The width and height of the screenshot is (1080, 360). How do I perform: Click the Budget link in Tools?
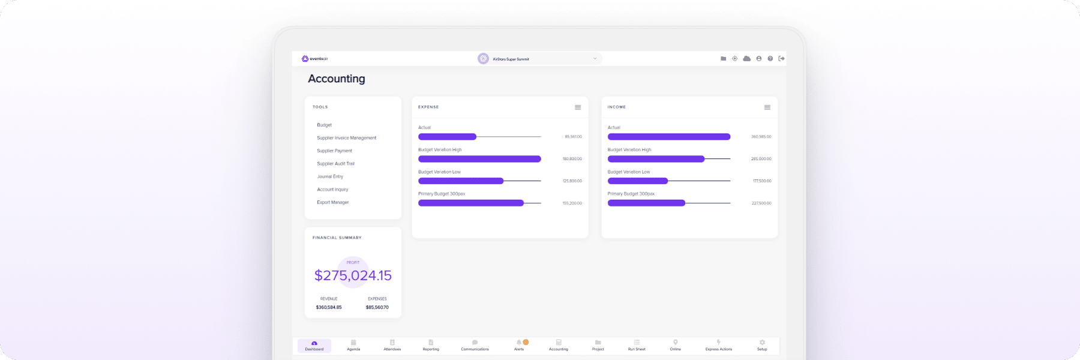(325, 125)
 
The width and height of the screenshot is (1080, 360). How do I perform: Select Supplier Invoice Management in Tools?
(347, 138)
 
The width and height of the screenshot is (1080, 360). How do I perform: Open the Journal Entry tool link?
(330, 176)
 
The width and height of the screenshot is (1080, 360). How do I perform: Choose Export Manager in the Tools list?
(333, 202)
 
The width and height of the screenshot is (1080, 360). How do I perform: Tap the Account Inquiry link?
(332, 190)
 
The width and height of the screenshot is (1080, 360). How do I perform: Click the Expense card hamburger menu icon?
(578, 107)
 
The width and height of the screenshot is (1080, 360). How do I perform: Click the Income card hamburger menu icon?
(767, 107)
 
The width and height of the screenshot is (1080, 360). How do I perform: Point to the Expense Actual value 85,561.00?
(573, 137)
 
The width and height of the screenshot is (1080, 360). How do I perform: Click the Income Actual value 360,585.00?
(761, 137)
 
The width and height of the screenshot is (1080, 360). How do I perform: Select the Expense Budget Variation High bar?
(479, 159)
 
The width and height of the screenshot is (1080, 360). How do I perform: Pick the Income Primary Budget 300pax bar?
(646, 203)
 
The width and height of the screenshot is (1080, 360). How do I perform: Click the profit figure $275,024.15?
(353, 275)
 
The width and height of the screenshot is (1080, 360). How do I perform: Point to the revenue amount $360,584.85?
(329, 307)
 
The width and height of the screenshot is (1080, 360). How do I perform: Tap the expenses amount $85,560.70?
(377, 307)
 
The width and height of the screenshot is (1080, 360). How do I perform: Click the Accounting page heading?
(337, 79)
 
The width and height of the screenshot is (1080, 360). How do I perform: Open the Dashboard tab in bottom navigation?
(314, 346)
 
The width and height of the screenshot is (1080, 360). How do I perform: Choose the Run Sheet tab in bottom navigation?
(637, 346)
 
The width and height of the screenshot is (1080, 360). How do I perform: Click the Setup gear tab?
(762, 346)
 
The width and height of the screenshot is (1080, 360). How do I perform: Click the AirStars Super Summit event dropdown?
(540, 59)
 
